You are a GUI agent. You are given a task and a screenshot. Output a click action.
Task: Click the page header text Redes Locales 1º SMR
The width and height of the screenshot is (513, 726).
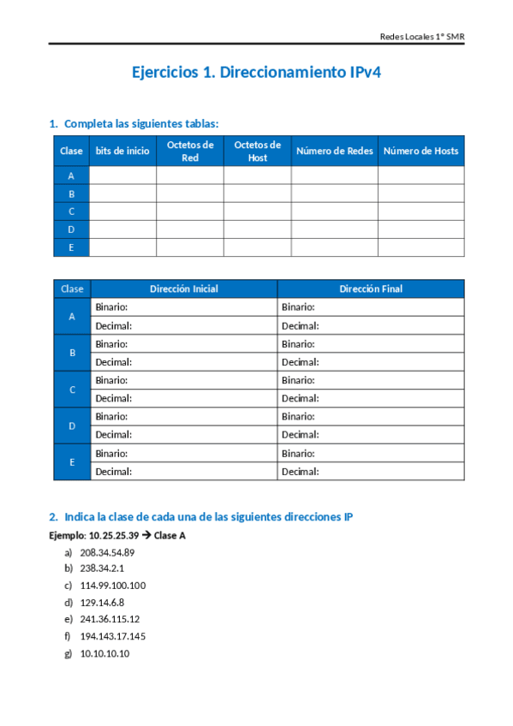click(x=421, y=37)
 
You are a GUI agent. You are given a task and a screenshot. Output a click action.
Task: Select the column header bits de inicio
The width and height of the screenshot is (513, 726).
click(x=122, y=151)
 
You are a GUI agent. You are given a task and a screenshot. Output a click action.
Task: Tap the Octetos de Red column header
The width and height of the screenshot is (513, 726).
click(x=190, y=151)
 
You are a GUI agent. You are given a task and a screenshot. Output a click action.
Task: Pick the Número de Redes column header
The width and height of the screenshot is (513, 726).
click(x=334, y=151)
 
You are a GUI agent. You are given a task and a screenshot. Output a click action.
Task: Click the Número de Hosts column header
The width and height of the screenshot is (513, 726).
click(x=421, y=151)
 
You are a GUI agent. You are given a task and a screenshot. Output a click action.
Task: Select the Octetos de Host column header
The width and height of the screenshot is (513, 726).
click(x=257, y=151)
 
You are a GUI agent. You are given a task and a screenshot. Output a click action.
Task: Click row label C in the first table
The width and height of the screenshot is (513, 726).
click(x=72, y=211)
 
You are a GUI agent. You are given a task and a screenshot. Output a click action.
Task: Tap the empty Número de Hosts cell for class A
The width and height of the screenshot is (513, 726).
click(x=421, y=176)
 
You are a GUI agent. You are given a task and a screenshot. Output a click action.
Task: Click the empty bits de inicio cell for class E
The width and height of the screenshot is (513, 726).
click(x=122, y=247)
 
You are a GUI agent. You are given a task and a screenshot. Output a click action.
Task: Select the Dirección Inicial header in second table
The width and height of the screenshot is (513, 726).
click(x=183, y=289)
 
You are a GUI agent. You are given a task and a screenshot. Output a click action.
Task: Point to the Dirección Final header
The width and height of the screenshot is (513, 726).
click(x=370, y=289)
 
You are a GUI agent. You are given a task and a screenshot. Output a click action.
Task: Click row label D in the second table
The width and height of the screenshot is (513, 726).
click(x=72, y=425)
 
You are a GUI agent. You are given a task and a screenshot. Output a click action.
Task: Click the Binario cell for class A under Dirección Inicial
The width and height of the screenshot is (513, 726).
click(x=183, y=307)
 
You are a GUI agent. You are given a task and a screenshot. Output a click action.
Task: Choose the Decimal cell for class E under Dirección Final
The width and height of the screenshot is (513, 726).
click(x=370, y=471)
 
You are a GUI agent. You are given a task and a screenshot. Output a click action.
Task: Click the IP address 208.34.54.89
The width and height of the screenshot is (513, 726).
click(x=107, y=552)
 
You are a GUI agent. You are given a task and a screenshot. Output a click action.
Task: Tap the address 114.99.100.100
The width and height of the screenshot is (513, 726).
click(x=113, y=586)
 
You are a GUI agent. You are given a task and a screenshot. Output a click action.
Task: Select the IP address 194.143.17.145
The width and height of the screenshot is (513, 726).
click(x=113, y=636)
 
